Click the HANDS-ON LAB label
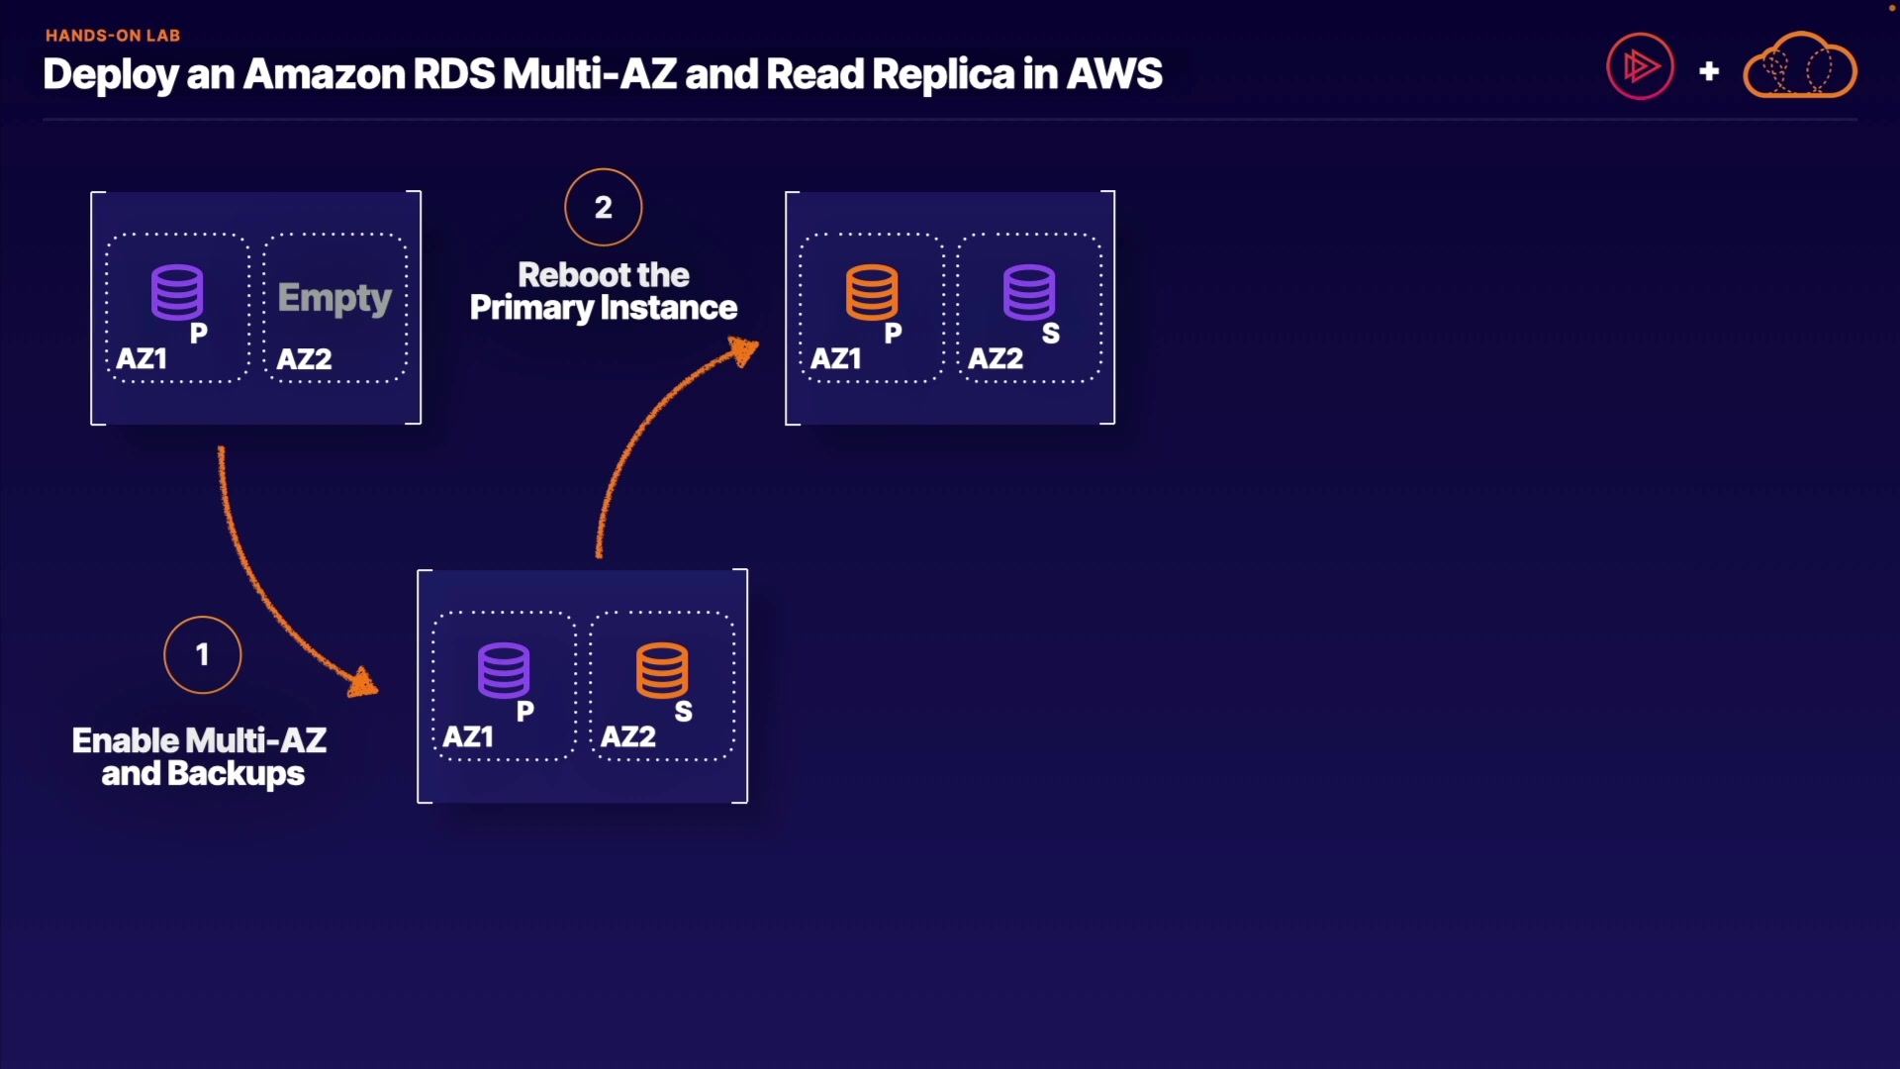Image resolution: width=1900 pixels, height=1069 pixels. point(113,36)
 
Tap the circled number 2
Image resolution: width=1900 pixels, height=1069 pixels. point(604,207)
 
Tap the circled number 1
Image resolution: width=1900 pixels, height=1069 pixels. point(203,655)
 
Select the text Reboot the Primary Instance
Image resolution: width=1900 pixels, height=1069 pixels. point(604,291)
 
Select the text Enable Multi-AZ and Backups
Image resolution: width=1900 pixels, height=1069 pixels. point(200,757)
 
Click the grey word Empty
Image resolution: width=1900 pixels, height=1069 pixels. point(334,298)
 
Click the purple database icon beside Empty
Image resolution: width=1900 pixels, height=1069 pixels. point(177,292)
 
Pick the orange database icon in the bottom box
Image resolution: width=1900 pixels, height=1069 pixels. point(662,671)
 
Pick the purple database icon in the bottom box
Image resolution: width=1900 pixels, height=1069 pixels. point(504,671)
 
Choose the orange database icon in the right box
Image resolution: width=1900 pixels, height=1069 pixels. point(872,292)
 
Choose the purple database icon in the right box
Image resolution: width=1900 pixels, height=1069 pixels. point(1029,292)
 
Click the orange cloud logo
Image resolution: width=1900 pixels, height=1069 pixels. point(1800,65)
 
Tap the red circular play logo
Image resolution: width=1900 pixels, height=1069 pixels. point(1641,66)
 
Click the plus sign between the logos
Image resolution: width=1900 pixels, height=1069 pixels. point(1709,71)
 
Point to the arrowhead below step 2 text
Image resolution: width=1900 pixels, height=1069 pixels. point(743,350)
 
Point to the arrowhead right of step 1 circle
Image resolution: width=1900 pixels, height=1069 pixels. point(363,682)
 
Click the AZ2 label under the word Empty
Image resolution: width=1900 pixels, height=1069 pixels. point(304,359)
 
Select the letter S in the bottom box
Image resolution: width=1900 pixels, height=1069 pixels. point(684,712)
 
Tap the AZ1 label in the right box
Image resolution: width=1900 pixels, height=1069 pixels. point(836,359)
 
